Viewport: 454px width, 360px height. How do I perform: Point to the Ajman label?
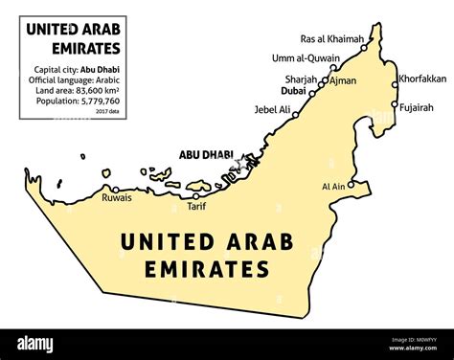343,80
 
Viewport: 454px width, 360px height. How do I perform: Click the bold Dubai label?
294,94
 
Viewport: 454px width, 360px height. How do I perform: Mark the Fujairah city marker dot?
394,103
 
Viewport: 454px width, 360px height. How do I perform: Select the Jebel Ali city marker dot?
296,115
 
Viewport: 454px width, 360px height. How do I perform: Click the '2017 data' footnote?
107,111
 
